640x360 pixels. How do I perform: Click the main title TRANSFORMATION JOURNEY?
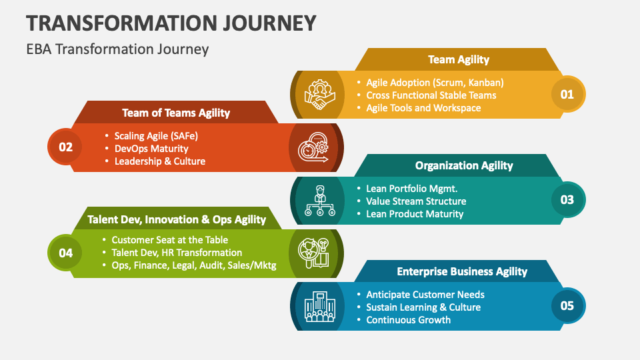[x=171, y=23]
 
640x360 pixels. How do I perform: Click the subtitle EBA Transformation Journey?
[x=117, y=49]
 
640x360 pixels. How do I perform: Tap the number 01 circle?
[x=567, y=94]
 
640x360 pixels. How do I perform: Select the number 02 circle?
[x=65, y=147]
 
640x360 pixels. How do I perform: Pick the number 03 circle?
[x=567, y=200]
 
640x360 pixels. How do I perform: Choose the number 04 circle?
[x=65, y=253]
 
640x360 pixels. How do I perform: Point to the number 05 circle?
[x=567, y=306]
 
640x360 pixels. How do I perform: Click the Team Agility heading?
[x=458, y=59]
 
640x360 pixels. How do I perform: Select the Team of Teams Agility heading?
[x=176, y=113]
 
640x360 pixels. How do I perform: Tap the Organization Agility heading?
[x=464, y=165]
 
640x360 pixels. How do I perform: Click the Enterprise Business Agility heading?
[x=462, y=271]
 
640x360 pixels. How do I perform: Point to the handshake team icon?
[x=317, y=95]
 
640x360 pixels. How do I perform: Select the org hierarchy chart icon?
[x=318, y=200]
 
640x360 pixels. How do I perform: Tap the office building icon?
[x=318, y=306]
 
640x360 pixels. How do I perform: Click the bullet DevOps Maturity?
[x=151, y=149]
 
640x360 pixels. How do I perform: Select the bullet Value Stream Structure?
[x=416, y=201]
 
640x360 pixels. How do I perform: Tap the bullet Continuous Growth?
[x=408, y=320]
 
